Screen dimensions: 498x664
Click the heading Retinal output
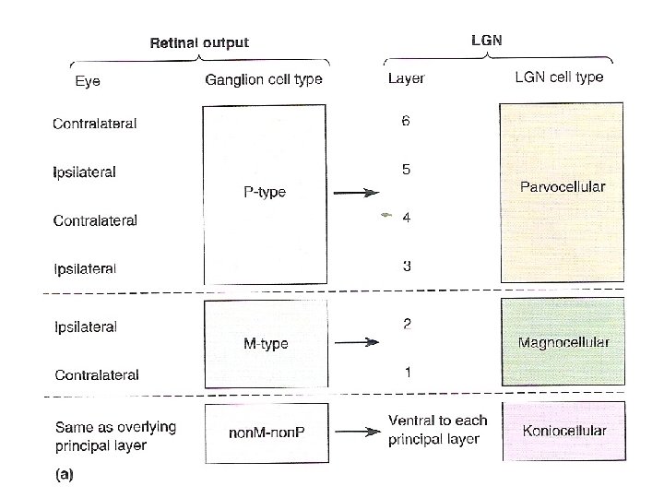click(199, 42)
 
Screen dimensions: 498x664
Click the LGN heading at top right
click(487, 40)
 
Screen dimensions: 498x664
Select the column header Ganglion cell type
click(263, 79)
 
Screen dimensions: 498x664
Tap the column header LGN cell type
click(558, 77)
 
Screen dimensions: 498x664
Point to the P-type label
click(264, 192)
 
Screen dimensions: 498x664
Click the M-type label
click(265, 343)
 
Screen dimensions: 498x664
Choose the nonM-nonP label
click(265, 431)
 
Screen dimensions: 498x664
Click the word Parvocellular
click(562, 186)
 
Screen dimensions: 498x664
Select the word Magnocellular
click(563, 343)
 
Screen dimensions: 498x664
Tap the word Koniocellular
click(563, 431)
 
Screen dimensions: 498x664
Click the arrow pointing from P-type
click(356, 193)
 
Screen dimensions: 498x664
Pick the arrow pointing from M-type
click(356, 342)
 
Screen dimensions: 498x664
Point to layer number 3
click(406, 267)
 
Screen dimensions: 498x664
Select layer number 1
click(406, 372)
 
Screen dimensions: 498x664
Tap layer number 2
click(406, 324)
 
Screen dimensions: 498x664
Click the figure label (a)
click(64, 476)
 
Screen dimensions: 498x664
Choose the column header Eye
click(88, 81)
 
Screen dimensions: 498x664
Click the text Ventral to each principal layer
click(438, 430)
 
